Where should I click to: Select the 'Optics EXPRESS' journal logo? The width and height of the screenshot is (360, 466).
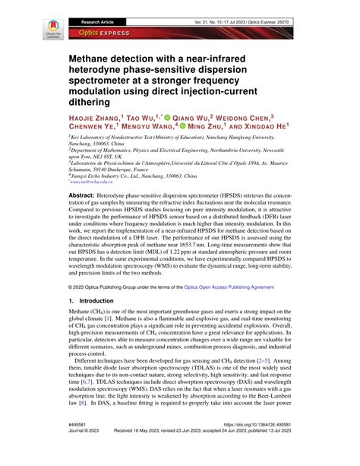click(97, 34)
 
